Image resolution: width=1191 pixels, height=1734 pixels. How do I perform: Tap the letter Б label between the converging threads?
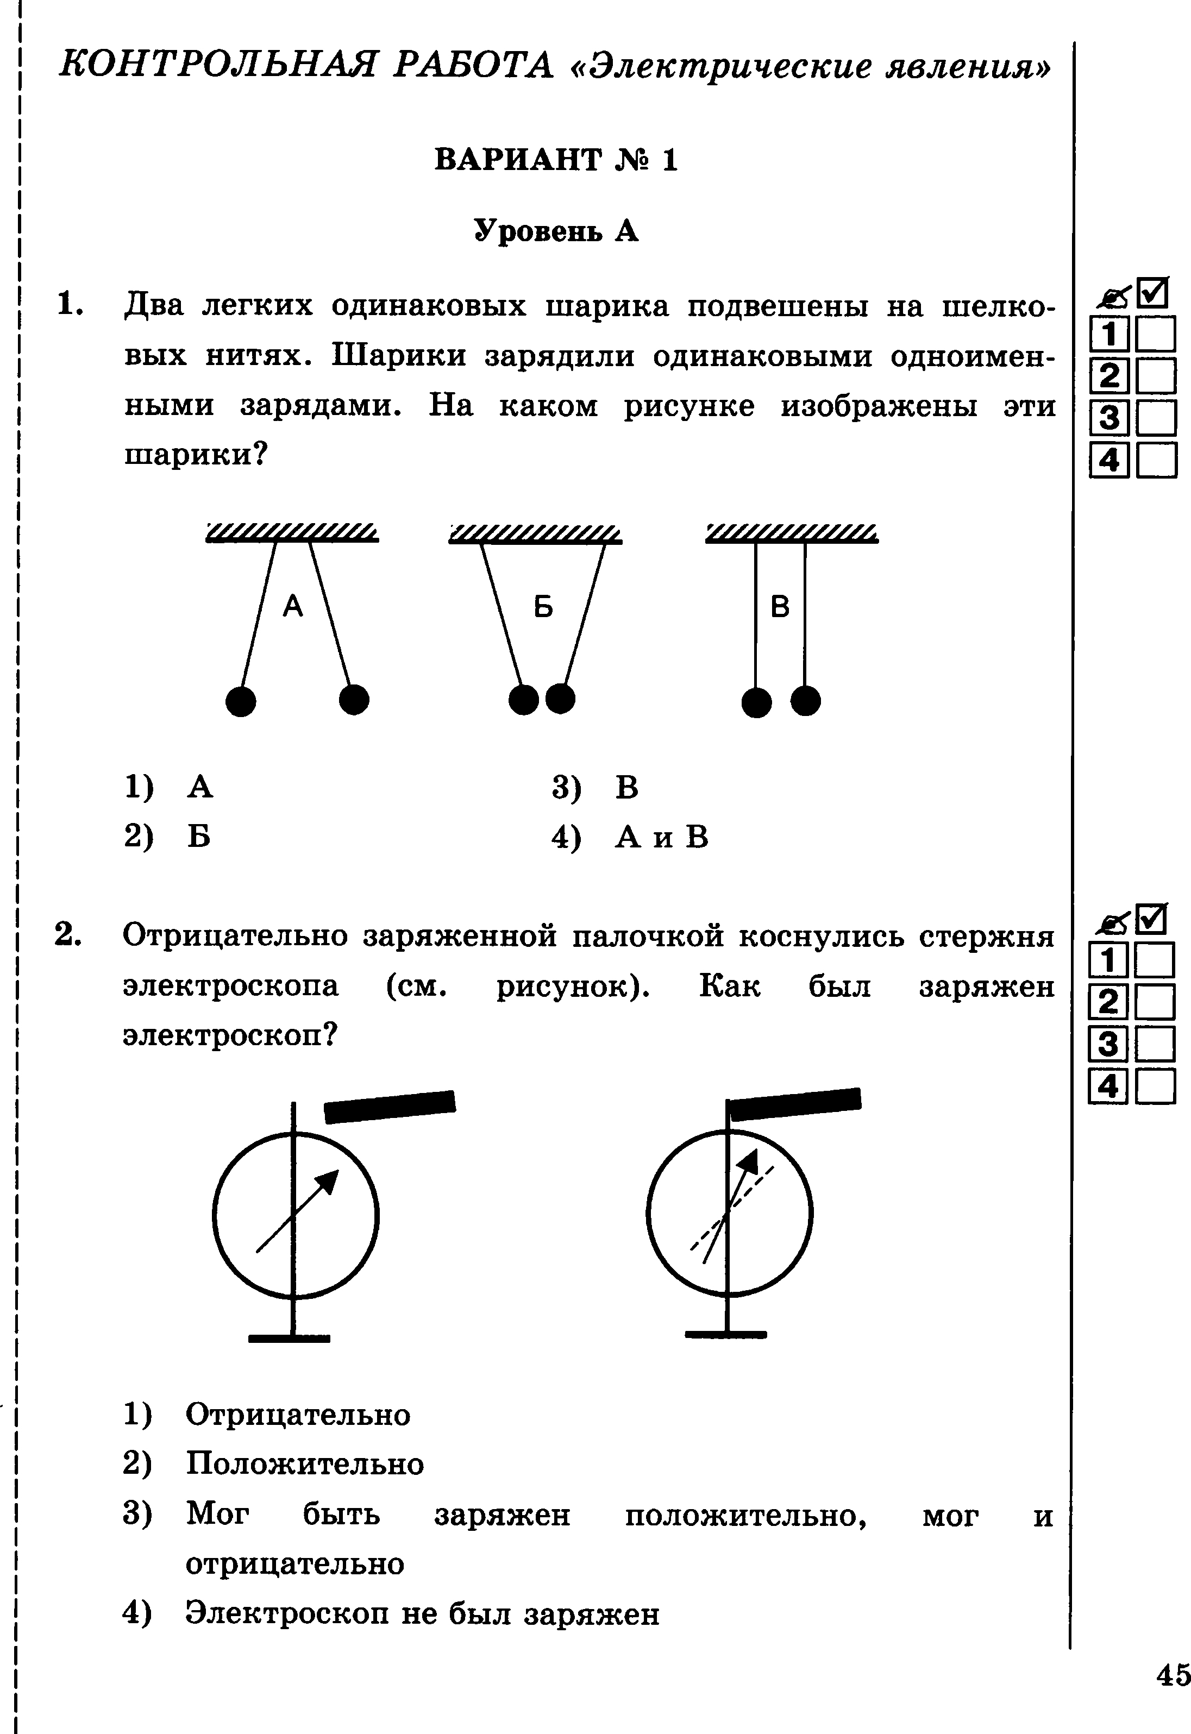543,607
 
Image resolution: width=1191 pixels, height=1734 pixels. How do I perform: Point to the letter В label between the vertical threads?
780,607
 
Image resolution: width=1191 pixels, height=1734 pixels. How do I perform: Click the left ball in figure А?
240,701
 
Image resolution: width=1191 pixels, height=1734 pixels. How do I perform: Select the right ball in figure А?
354,700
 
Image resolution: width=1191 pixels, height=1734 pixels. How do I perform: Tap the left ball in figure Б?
523,700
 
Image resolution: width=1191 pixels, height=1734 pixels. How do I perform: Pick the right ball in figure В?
805,701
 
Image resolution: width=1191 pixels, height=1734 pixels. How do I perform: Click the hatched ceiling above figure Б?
535,534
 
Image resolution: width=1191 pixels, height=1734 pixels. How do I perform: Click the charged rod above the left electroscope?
390,1107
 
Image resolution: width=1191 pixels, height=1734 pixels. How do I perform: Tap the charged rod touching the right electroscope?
795,1104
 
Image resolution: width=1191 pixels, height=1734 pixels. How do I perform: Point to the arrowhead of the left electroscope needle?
328,1181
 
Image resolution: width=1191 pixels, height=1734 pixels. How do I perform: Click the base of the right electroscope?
726,1333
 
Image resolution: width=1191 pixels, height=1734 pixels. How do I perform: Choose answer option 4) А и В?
631,838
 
